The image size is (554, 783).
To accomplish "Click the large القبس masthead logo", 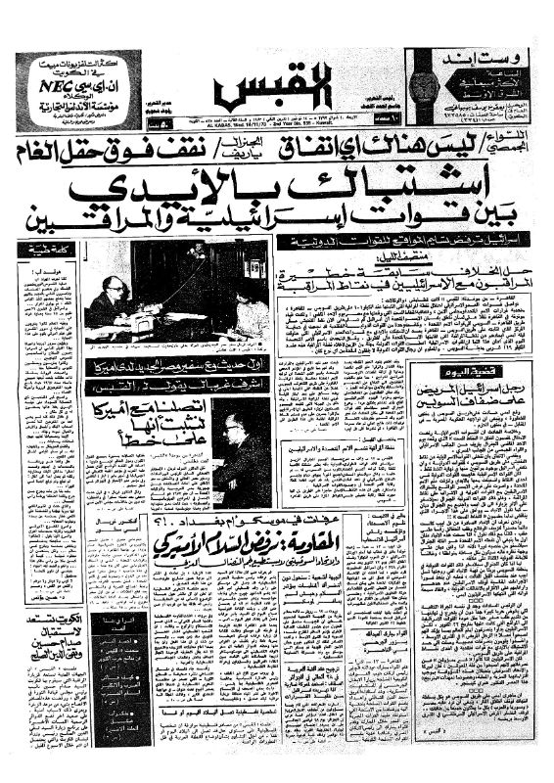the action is pos(257,94).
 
